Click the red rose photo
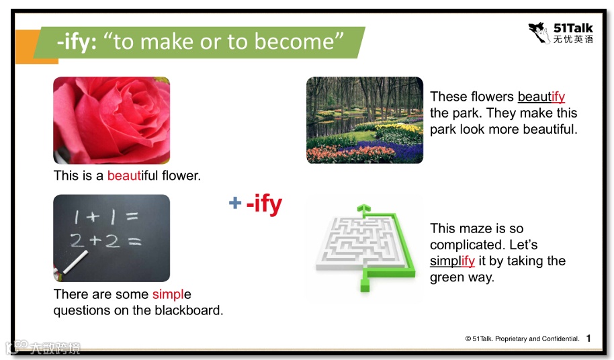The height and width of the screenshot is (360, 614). point(112,120)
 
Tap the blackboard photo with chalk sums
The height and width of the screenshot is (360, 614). point(112,238)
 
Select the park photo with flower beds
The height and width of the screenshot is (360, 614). point(365,120)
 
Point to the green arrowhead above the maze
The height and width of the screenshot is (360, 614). point(364,208)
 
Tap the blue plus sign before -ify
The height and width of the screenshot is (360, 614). point(235,203)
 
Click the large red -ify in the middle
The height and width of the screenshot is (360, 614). point(264,204)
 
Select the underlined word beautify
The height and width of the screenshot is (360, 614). point(541,97)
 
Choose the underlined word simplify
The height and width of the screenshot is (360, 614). point(452,261)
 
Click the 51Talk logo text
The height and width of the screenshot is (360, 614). point(573,28)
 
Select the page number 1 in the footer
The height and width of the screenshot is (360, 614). point(588,338)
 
